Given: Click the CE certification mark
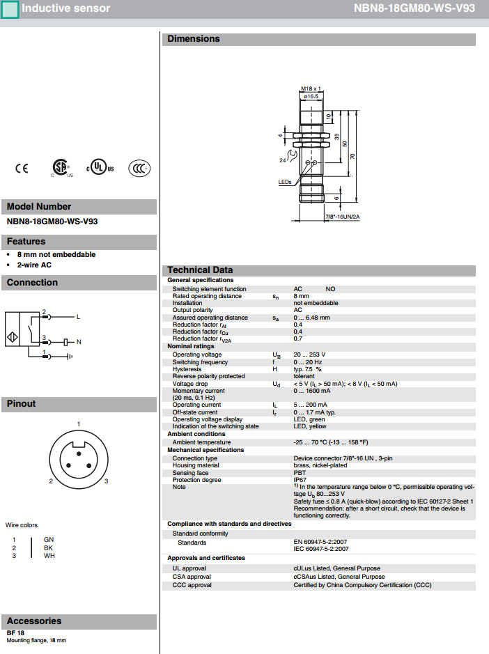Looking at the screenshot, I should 22,168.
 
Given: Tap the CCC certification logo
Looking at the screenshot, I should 139,168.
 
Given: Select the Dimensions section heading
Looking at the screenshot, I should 194,39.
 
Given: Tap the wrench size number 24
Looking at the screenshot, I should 283,160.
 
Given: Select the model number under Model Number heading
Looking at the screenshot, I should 52,222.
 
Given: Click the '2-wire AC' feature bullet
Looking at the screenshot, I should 34,265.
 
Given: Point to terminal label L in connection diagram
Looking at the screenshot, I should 78,317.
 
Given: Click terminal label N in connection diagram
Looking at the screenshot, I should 79,342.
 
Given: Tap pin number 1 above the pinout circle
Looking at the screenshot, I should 79,424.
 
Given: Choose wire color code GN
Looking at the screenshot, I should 48,540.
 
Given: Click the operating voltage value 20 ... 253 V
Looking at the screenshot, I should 309,355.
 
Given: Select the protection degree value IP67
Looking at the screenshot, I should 300,480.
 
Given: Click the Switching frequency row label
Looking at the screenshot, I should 200,362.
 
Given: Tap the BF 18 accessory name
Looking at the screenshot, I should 15,632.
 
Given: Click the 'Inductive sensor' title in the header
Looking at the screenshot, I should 65,8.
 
